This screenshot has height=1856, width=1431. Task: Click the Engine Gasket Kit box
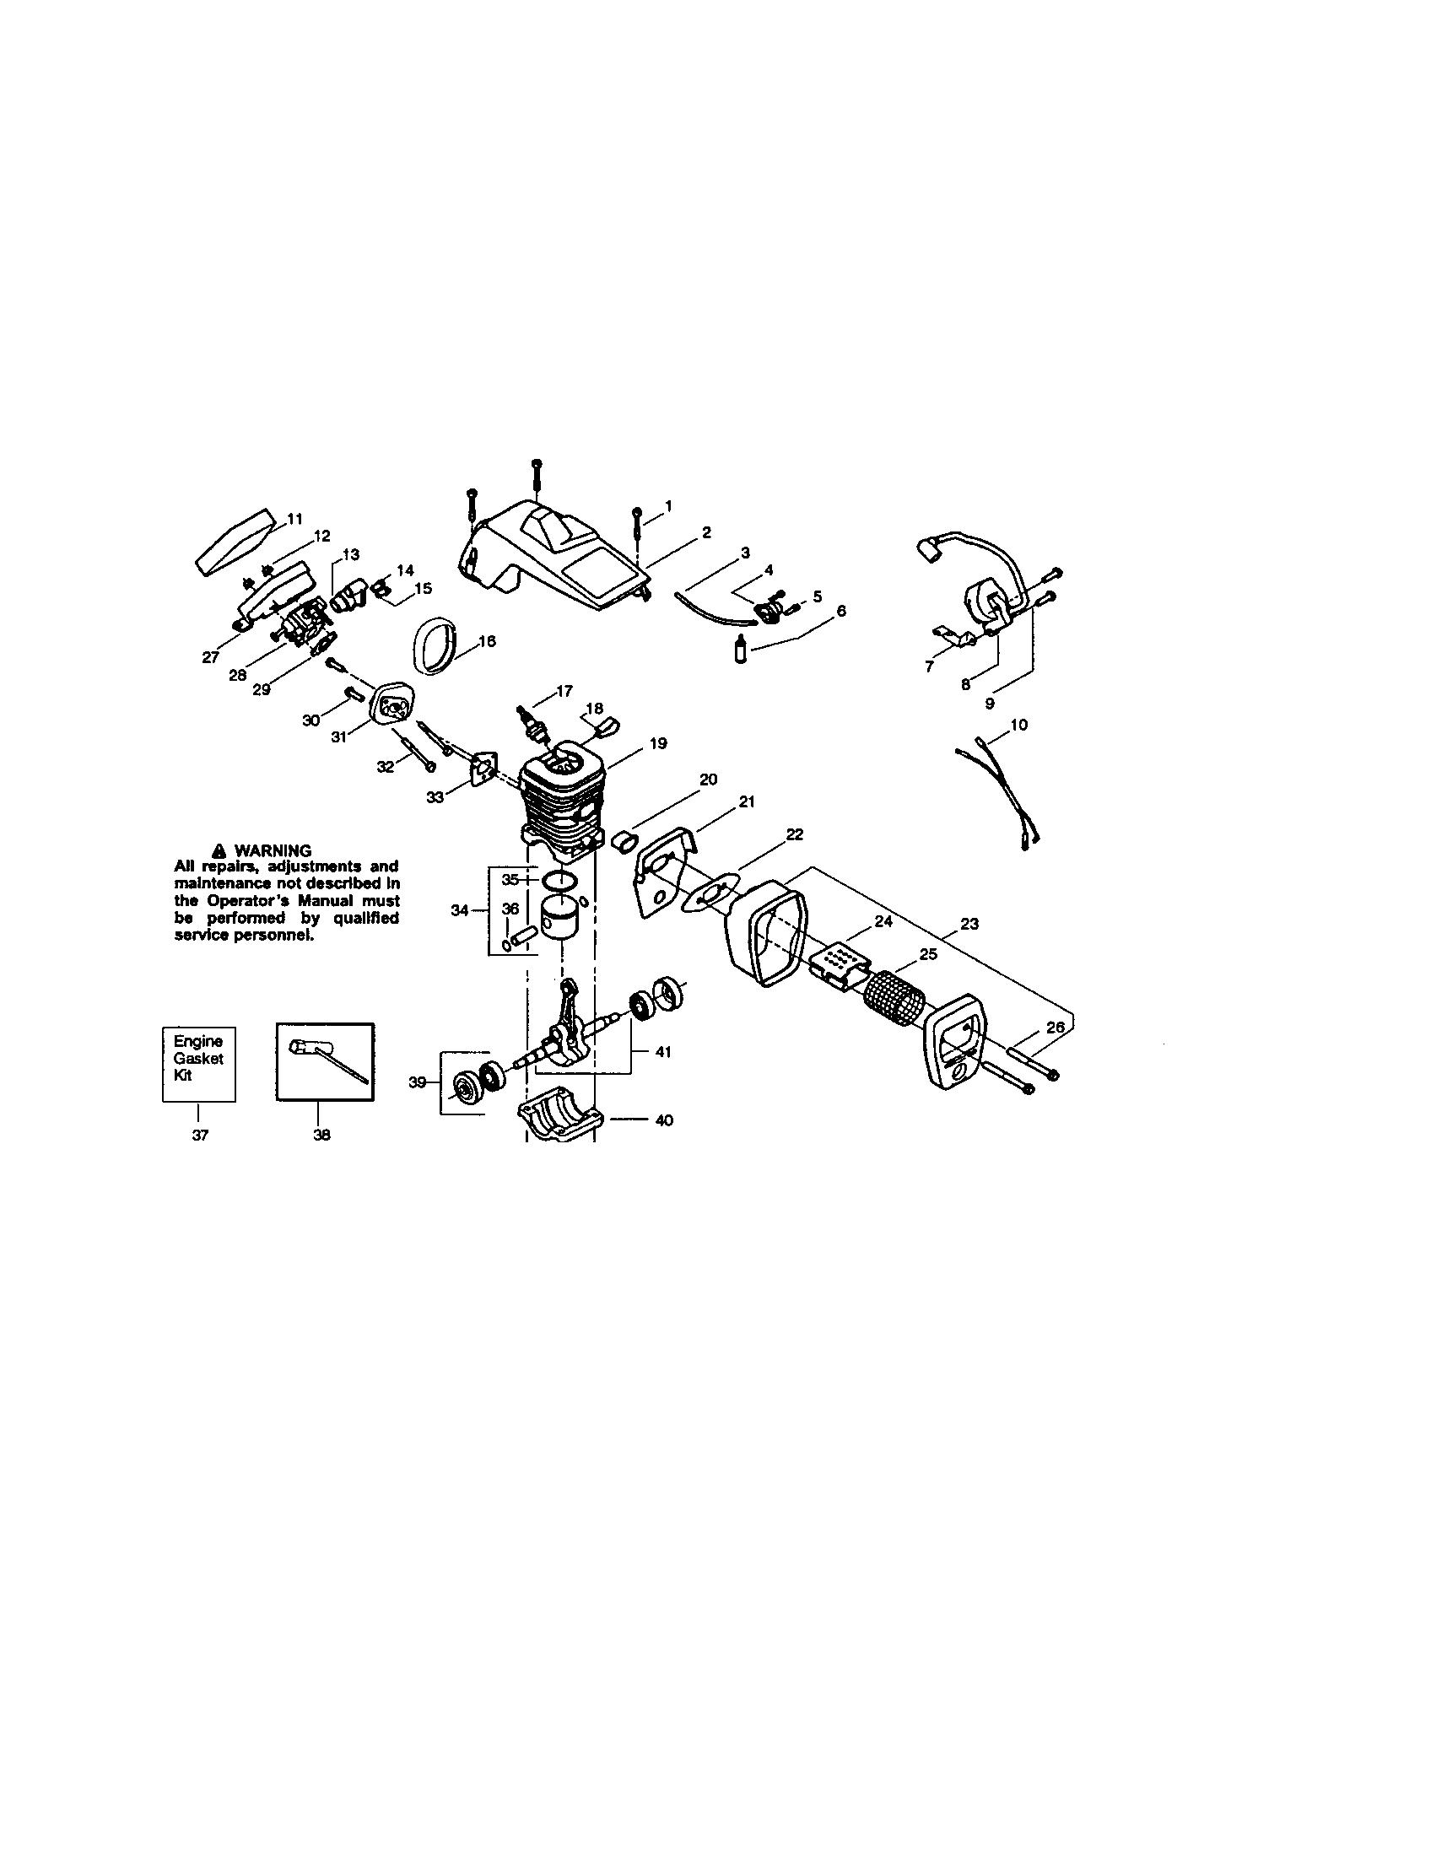click(x=198, y=1063)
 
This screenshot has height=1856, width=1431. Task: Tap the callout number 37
click(x=200, y=1135)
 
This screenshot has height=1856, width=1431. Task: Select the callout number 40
click(x=665, y=1120)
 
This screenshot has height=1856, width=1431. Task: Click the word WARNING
click(x=273, y=850)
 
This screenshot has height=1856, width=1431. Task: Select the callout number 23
click(x=969, y=924)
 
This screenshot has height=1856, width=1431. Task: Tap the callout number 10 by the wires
click(x=1019, y=725)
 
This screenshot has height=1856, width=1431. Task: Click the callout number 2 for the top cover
click(x=705, y=533)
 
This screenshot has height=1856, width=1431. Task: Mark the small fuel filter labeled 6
click(x=739, y=658)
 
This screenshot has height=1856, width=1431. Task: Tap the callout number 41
click(x=663, y=1052)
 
